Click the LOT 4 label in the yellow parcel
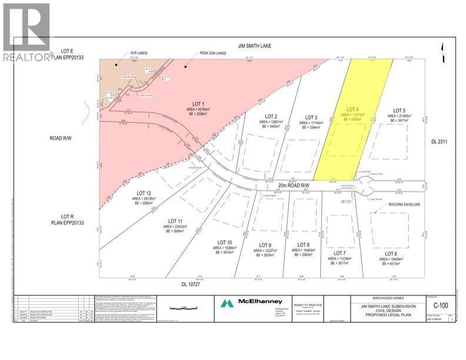point(353,109)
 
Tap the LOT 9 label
point(265,245)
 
